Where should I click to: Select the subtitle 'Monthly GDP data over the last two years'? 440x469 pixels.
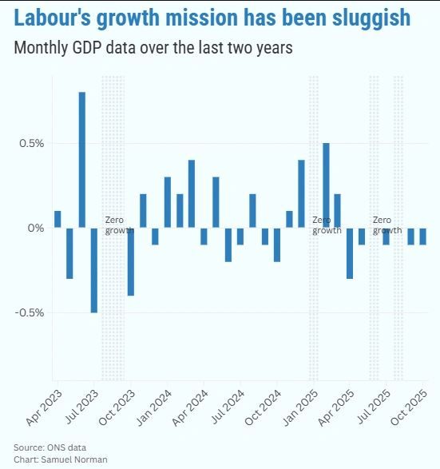[153, 48]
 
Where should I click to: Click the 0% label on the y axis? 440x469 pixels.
[36, 229]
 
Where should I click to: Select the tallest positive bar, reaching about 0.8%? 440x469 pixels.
[82, 160]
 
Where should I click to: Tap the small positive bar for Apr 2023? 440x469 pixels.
[57, 219]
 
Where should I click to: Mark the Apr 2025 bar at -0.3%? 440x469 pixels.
[350, 252]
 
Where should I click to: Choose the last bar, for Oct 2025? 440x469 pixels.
[423, 236]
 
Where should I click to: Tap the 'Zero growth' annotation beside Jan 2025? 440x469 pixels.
[326, 225]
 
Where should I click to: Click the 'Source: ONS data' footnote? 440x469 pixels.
[50, 447]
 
